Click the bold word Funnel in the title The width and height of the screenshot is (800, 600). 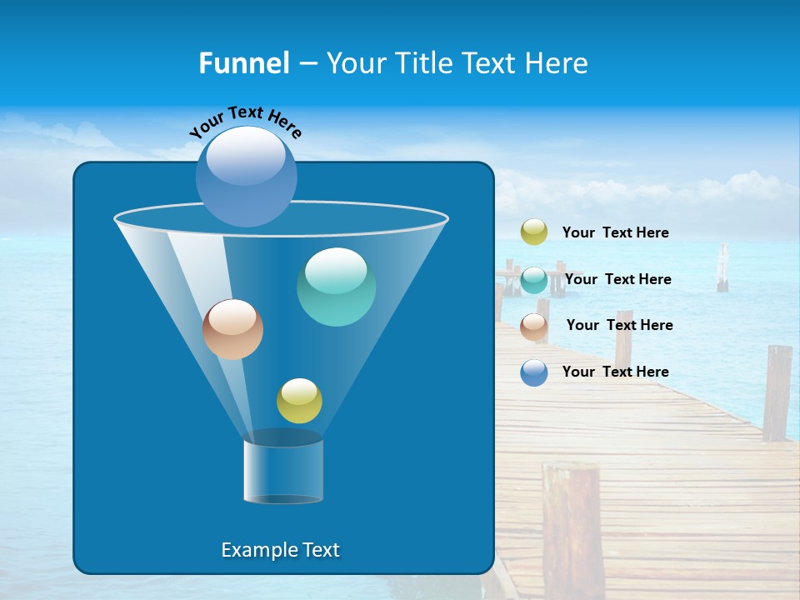point(243,62)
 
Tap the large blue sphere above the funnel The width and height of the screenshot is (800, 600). point(247,176)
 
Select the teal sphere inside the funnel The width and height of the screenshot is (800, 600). point(336,287)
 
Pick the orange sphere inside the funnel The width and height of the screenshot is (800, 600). point(232,329)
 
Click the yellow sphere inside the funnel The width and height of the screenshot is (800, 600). point(299,400)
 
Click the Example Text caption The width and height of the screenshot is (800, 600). point(281,550)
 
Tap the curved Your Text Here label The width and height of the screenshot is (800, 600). point(246,121)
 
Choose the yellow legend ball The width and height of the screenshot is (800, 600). point(534,232)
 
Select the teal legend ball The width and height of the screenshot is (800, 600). point(534,280)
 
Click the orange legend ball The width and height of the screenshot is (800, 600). point(534,326)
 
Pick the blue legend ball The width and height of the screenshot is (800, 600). point(534,372)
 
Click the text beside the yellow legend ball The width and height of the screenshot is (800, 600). point(615,232)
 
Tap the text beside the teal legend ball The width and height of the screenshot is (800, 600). point(617,279)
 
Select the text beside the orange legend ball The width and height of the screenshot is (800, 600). point(619,325)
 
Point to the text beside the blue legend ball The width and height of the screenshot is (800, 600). point(615,372)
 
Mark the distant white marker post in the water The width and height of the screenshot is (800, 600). point(722,268)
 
